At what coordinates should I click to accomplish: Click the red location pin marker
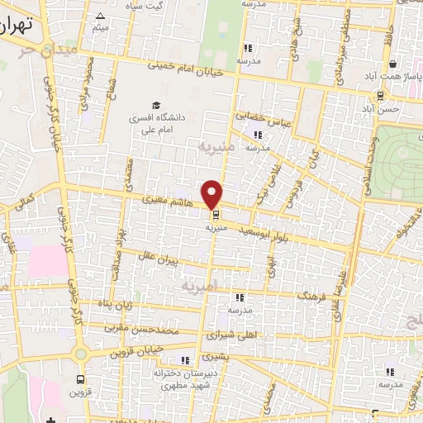(x=213, y=194)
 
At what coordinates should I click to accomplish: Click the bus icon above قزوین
(x=79, y=380)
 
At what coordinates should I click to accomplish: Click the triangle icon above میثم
(x=100, y=16)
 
